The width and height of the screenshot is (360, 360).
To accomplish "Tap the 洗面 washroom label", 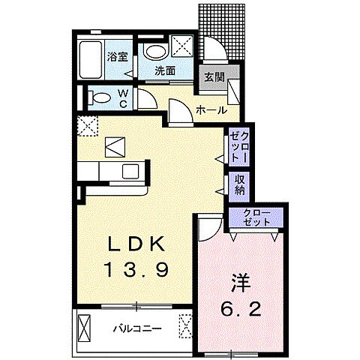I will [165, 71].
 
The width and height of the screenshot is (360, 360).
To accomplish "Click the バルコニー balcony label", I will [137, 328].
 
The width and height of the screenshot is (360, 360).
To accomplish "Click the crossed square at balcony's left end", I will [85, 328].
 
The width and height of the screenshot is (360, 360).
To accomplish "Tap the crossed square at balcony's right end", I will [185, 327].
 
